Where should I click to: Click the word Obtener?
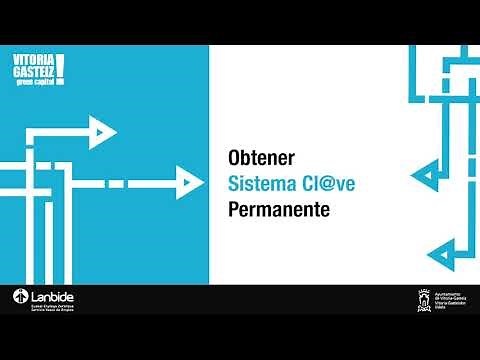(259, 159)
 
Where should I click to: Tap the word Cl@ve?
(326, 185)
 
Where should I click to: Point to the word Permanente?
(278, 211)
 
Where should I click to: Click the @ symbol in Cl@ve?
(324, 185)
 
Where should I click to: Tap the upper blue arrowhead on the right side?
(427, 177)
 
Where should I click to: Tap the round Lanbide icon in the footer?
(20, 298)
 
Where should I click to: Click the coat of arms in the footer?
(424, 299)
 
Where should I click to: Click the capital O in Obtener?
(235, 159)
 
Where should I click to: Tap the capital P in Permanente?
(234, 211)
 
